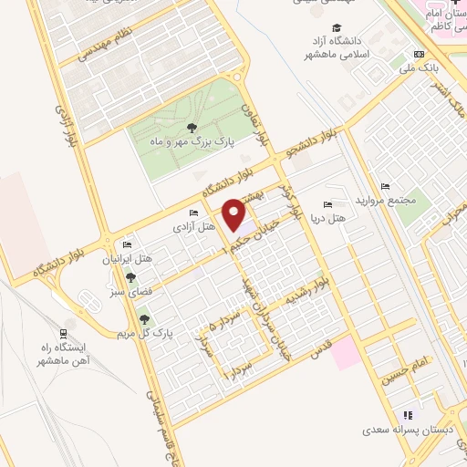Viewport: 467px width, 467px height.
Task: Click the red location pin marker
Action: pos(233,214)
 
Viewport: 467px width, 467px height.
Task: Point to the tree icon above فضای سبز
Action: pos(130,278)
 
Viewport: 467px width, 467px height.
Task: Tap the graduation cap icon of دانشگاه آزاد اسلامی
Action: pos(338,27)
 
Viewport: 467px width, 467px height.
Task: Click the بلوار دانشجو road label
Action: pos(316,140)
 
